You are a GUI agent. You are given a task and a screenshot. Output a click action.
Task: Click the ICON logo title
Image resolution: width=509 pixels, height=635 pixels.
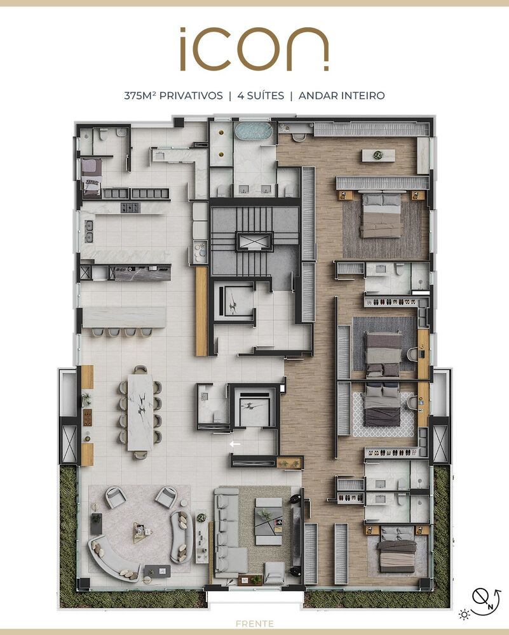tap(254, 49)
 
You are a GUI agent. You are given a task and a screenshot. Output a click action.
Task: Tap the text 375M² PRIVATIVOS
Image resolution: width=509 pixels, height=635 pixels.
tap(173, 96)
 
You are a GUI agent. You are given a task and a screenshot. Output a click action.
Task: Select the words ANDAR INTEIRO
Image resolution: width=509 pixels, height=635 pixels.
tap(341, 96)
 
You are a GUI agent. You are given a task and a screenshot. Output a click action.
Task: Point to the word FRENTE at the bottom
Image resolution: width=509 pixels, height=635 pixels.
tap(254, 624)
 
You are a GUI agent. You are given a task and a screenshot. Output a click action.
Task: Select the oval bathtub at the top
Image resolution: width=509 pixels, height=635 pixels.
tap(254, 131)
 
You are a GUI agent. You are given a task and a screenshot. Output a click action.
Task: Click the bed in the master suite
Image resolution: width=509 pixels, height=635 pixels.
tap(381, 216)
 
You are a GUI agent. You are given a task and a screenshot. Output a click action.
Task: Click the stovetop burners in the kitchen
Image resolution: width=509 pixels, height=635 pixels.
tap(130, 207)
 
